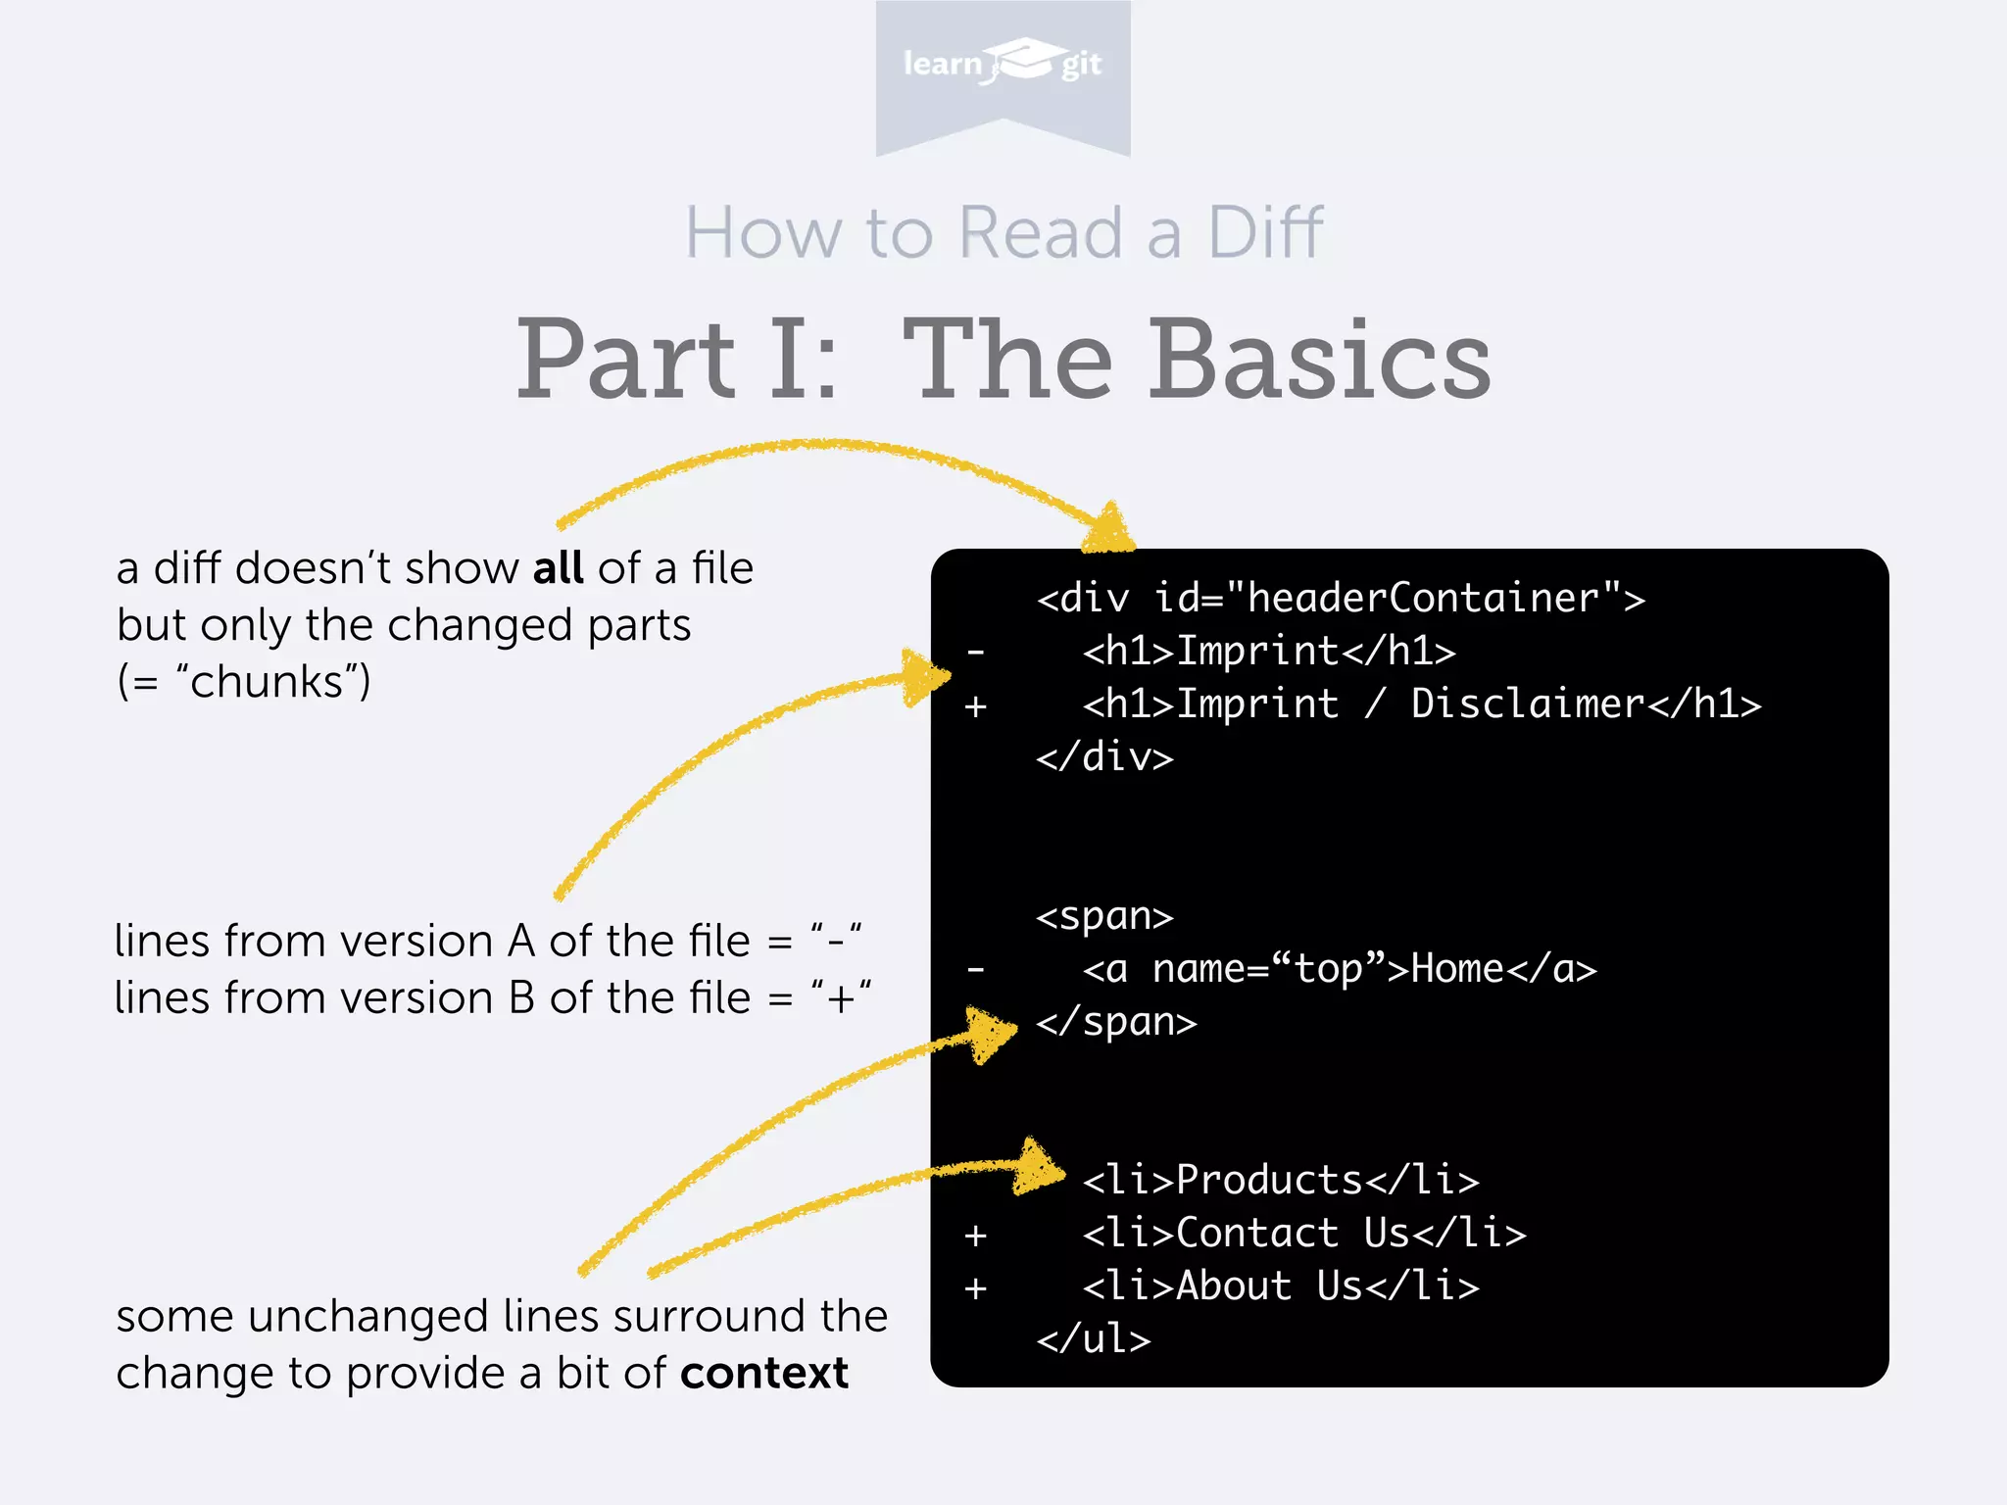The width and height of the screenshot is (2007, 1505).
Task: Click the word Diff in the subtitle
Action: pyautogui.click(x=1265, y=233)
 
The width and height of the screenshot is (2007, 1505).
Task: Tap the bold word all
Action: pyautogui.click(x=558, y=568)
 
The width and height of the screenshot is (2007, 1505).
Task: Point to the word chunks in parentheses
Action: pyautogui.click(x=267, y=682)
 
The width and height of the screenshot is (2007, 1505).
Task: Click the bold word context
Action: pyautogui.click(x=764, y=1374)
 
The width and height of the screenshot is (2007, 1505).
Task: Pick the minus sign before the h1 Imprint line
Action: pyautogui.click(x=975, y=652)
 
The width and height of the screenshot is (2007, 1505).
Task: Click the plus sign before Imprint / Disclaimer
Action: pyautogui.click(x=975, y=705)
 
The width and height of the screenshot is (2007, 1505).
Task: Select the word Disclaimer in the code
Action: pyautogui.click(x=1527, y=704)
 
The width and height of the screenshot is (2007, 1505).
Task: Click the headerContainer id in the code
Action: pyautogui.click(x=1423, y=598)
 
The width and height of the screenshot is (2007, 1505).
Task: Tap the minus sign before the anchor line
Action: pyautogui.click(x=975, y=970)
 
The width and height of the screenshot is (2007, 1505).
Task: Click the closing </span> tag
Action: pyautogui.click(x=1116, y=1022)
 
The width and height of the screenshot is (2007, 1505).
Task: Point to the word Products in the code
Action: pyautogui.click(x=1269, y=1180)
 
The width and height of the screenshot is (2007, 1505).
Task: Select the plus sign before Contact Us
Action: pyautogui.click(x=975, y=1235)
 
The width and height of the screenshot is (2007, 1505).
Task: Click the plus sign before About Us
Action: pyautogui.click(x=975, y=1287)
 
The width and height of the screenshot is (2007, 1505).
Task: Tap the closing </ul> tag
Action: pyautogui.click(x=1094, y=1339)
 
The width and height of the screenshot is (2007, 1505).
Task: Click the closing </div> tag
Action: pyautogui.click(x=1104, y=757)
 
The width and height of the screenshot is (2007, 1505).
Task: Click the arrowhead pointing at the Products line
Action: pyautogui.click(x=1041, y=1168)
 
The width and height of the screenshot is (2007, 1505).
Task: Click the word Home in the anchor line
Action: pyautogui.click(x=1457, y=969)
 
